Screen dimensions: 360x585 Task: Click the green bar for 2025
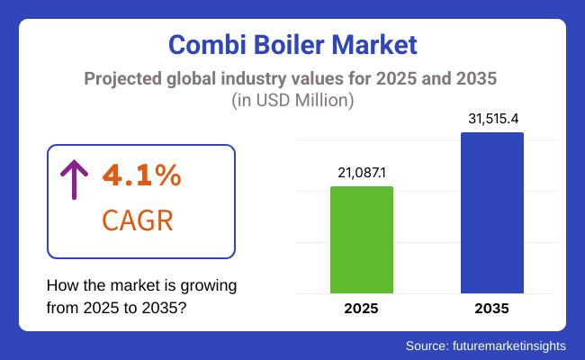coord(362,239)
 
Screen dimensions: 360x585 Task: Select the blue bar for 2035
coord(492,212)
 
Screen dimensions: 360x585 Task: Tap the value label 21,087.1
coord(362,172)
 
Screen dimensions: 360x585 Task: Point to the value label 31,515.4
coord(492,119)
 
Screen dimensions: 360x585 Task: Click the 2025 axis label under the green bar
coord(362,309)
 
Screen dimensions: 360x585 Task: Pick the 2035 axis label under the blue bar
coord(492,309)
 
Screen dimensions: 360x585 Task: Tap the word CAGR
coord(139,220)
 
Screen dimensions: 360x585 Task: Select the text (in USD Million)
coord(292,101)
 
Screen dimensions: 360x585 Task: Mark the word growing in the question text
coord(209,285)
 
